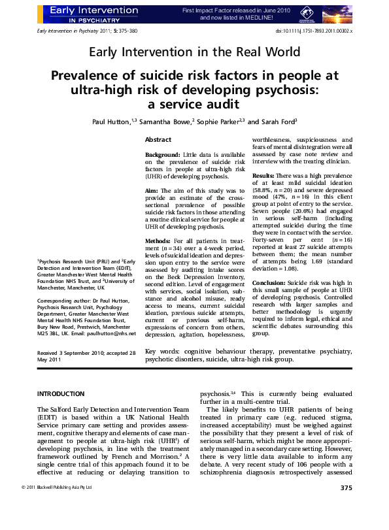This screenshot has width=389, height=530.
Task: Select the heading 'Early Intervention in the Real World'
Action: [194, 52]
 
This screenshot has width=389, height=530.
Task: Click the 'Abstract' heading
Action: [158, 141]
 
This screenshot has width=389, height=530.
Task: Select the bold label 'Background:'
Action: [162, 155]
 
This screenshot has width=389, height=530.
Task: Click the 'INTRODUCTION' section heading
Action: [61, 394]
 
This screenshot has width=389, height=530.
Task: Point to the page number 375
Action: [347, 506]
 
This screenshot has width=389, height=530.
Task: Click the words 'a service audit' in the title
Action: [194, 104]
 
